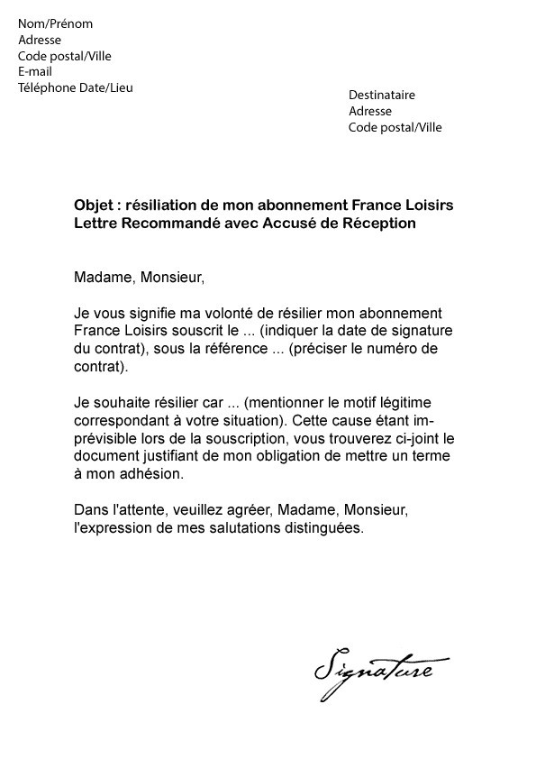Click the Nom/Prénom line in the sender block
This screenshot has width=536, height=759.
pyautogui.click(x=55, y=24)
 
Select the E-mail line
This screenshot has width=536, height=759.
pyautogui.click(x=36, y=72)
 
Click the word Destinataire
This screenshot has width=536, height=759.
pyautogui.click(x=382, y=96)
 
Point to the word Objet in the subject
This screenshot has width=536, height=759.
pyautogui.click(x=93, y=206)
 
